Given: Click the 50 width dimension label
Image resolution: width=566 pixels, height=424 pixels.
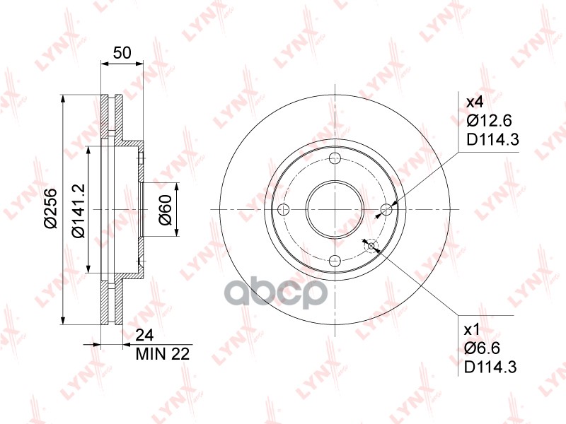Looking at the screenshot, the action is tap(122, 52).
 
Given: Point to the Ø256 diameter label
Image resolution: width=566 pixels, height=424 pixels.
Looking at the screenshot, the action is tap(50, 208).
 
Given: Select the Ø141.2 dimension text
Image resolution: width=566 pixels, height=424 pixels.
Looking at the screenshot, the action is tap(78, 211).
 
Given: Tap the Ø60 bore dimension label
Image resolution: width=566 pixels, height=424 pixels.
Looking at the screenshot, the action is tap(166, 210).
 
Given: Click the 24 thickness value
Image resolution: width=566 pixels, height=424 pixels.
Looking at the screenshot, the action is tap(144, 335).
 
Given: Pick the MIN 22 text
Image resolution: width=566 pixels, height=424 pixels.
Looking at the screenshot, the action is tap(163, 354).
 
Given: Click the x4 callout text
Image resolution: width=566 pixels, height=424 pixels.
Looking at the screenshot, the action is tap(475, 102).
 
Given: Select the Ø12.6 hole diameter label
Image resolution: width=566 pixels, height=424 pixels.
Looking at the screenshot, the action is tap(489, 120).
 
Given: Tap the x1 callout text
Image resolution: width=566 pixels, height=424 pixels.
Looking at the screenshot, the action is tap(472, 329).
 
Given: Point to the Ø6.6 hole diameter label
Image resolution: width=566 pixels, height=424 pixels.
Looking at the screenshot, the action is tap(483, 348).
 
